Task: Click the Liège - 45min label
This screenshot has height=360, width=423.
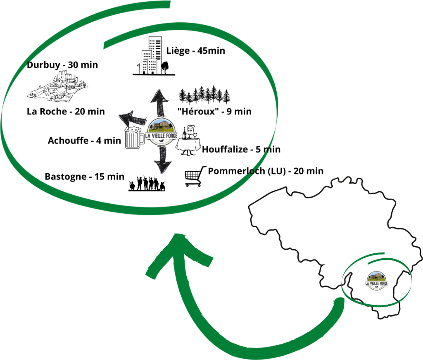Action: pos(196,51)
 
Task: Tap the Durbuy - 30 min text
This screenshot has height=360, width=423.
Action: pos(62,65)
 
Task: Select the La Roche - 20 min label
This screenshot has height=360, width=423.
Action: pos(66,112)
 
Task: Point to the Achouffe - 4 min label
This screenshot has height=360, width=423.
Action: pos(84,141)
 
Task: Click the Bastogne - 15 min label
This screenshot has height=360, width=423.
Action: pos(84,176)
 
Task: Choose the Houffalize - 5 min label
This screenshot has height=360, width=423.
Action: pos(241,149)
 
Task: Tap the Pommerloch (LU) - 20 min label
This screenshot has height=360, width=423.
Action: pos(266,171)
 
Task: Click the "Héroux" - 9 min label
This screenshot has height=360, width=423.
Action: pos(214,111)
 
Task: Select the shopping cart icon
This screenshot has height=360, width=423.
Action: pos(195,176)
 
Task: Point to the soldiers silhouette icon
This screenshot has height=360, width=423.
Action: pos(147,184)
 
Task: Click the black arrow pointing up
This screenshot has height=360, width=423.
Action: pos(159,104)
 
